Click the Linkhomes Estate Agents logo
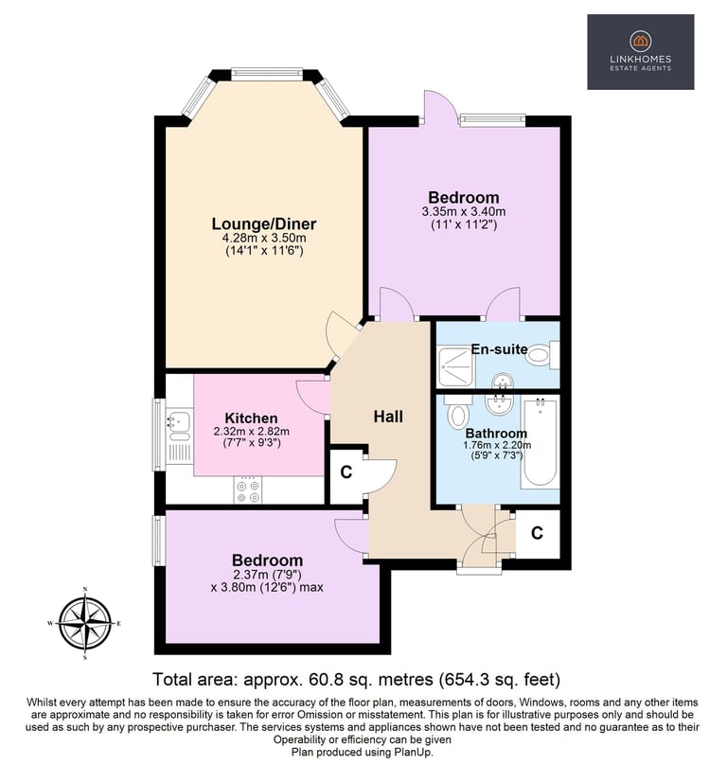point(640,52)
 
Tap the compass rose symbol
point(85,623)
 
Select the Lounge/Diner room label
point(264,224)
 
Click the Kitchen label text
point(251,418)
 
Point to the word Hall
point(388,417)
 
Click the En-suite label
point(499,349)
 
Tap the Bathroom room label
point(496,434)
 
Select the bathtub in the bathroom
point(540,443)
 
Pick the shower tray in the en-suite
point(454,365)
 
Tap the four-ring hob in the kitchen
point(248,489)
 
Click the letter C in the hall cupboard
point(346,472)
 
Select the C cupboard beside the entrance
point(537,533)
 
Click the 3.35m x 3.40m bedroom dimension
point(464,212)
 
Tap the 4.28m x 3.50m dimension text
point(264,238)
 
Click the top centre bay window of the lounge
point(266,73)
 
